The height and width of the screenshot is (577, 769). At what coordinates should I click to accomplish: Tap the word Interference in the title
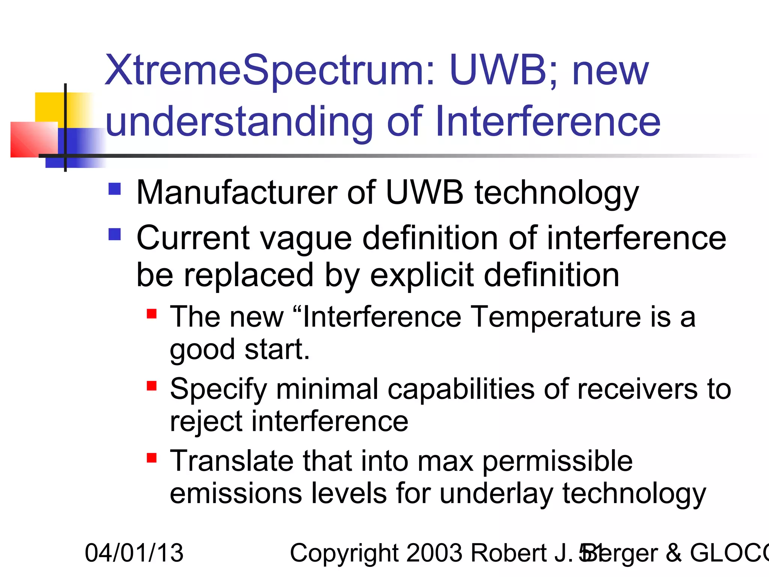(x=547, y=122)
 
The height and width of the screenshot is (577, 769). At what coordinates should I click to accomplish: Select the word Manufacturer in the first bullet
(x=237, y=192)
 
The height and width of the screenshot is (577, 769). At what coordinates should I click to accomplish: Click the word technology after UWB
(x=556, y=193)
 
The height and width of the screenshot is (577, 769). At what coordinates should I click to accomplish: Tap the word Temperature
(x=556, y=317)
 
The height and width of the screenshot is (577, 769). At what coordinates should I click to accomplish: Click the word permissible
(x=557, y=461)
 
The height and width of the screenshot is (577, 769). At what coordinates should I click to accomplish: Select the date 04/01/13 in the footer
(x=134, y=553)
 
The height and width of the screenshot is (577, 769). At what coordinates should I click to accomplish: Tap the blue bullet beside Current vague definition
(x=115, y=234)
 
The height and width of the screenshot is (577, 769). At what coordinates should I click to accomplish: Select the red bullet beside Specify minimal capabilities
(x=152, y=386)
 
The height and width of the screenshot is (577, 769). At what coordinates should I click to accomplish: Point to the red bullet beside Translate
(x=152, y=458)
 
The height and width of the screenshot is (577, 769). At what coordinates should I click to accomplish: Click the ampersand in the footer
(x=674, y=553)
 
